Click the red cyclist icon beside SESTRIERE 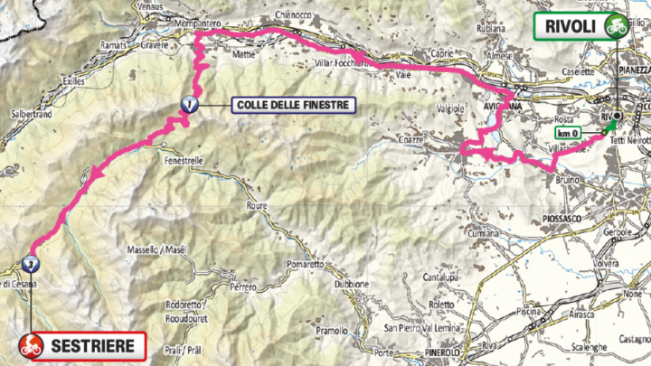[x=30, y=343]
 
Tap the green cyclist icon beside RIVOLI [x=617, y=25]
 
